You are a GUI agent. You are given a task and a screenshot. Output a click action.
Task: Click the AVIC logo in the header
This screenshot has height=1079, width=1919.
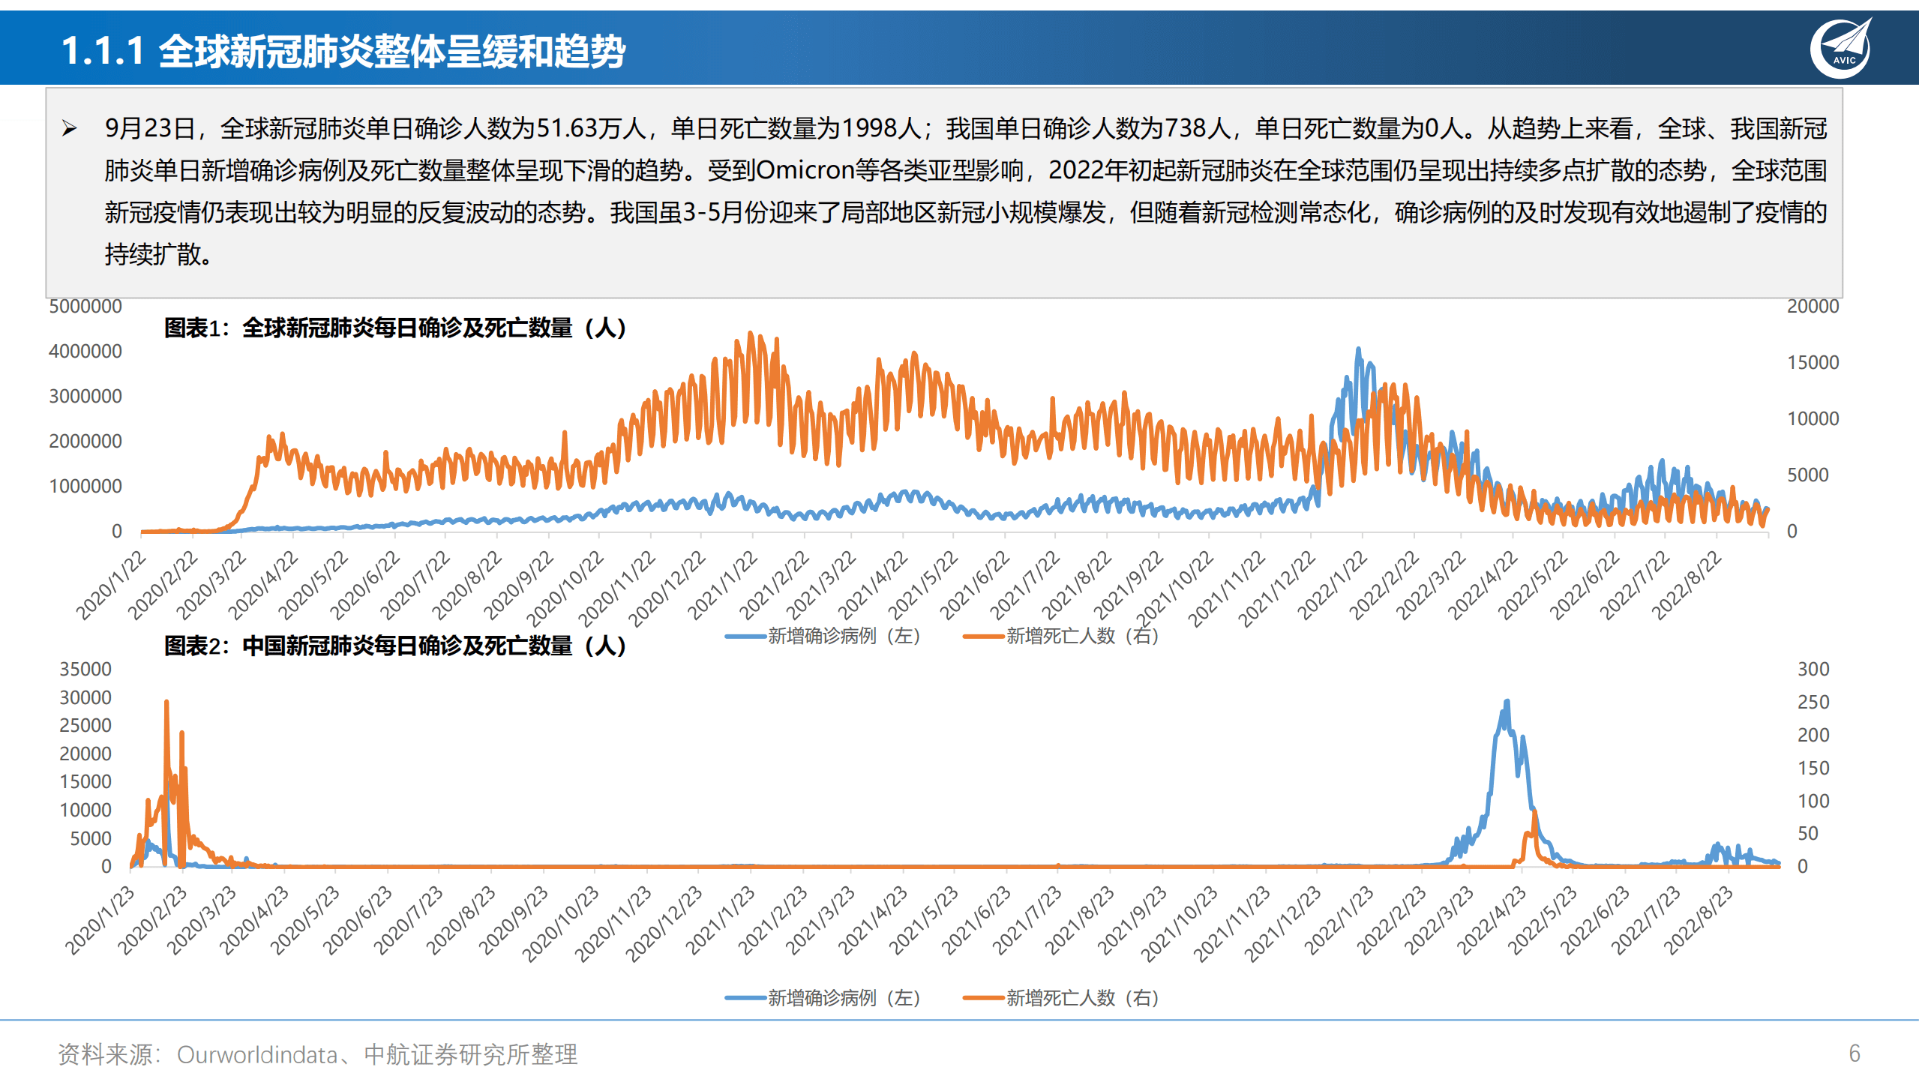1842,48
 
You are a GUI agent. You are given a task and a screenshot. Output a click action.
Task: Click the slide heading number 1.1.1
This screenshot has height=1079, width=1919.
102,51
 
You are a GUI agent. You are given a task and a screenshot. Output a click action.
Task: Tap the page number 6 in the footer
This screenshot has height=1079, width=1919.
1854,1053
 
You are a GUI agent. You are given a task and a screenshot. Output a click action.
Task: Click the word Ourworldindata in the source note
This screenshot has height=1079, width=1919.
256,1054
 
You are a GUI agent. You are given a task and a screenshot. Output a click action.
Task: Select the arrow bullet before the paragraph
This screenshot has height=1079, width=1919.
70,128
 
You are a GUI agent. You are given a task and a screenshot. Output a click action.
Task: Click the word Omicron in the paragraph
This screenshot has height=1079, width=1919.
805,170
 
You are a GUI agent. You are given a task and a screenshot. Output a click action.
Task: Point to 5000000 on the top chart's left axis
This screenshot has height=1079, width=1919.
85,307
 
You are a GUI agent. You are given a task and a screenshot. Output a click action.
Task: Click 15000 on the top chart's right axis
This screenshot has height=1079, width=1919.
1813,363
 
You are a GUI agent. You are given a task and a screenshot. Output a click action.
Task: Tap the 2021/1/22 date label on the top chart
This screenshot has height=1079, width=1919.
721,586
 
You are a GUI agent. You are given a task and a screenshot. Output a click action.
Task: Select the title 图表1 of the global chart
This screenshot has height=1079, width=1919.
394,328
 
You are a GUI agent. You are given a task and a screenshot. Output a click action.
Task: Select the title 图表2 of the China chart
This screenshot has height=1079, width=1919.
394,646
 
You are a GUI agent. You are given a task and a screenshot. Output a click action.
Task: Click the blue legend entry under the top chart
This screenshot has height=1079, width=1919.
823,636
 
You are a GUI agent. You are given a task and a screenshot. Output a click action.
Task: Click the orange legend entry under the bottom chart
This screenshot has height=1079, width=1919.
1061,998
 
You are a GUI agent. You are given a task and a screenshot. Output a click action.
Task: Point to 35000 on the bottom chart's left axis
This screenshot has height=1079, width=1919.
85,669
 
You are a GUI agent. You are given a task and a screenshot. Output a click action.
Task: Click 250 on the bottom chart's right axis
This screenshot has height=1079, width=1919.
1813,703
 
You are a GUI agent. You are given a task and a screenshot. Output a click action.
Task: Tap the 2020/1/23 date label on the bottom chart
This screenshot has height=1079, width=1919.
100,921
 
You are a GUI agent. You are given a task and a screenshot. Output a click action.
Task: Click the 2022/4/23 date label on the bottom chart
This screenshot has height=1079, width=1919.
1491,921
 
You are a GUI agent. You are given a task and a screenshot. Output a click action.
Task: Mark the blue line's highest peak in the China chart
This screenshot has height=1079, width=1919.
1507,702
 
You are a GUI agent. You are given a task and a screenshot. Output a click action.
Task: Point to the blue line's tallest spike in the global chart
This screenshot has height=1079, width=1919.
1358,349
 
